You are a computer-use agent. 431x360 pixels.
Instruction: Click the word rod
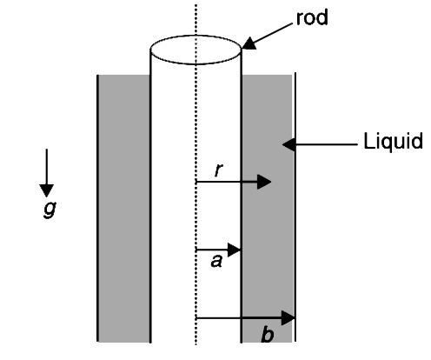(x=312, y=17)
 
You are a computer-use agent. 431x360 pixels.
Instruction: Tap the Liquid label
(x=393, y=141)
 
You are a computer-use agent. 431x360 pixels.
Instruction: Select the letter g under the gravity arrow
(x=50, y=209)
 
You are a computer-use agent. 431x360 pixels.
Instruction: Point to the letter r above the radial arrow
(x=219, y=170)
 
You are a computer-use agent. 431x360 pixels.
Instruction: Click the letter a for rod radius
(x=216, y=261)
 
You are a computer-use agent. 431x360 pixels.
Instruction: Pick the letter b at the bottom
(x=267, y=334)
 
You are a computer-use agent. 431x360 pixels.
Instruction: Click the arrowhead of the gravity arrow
(x=46, y=190)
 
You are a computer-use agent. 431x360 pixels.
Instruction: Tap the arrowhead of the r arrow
(x=264, y=182)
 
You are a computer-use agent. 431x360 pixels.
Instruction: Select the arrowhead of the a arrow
(x=234, y=250)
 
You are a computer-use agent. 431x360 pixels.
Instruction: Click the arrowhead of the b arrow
(x=288, y=318)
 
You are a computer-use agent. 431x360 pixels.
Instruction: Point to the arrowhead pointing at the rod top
(x=249, y=44)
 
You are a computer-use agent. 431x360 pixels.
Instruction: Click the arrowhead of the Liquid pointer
(x=289, y=144)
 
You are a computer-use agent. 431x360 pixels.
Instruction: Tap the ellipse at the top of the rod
(x=196, y=36)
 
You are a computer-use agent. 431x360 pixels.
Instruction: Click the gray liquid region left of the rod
(x=124, y=208)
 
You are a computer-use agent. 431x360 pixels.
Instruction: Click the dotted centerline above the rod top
(x=196, y=20)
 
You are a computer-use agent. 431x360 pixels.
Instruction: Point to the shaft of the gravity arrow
(x=47, y=167)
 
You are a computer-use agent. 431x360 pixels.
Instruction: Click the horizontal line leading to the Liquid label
(x=327, y=144)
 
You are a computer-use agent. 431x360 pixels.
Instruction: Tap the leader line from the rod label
(x=274, y=33)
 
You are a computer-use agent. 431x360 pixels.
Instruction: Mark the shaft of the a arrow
(x=212, y=250)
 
